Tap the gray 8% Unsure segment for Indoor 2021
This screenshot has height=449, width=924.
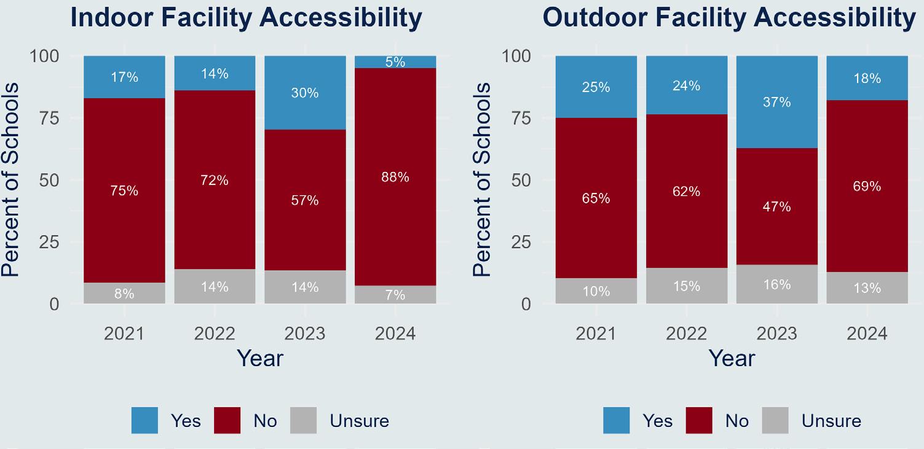pos(124,294)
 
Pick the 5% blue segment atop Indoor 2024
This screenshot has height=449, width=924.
pos(395,61)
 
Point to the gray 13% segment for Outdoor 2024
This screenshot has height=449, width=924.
pos(867,288)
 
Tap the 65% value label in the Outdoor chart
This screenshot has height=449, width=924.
pos(596,198)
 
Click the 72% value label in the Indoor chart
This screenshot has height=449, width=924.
pos(215,181)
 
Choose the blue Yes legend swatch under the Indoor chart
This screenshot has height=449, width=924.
pos(144,420)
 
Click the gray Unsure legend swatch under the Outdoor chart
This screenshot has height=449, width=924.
pos(775,420)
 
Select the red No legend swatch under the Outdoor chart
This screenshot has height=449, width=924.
pos(699,420)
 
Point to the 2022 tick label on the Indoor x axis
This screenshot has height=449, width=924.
pos(215,334)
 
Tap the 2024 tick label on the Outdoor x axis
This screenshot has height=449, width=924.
pos(867,334)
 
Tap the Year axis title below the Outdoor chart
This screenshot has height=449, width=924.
pos(732,358)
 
